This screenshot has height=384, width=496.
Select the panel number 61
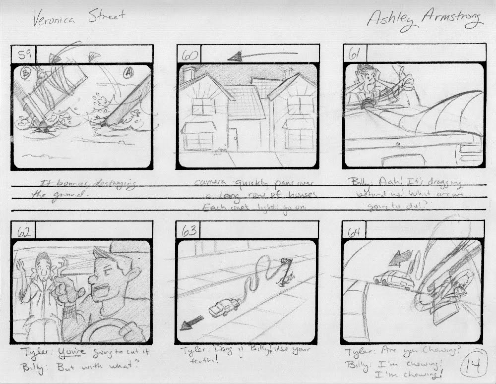click(x=354, y=54)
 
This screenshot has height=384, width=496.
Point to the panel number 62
click(x=23, y=231)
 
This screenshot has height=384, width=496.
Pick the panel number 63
click(x=189, y=230)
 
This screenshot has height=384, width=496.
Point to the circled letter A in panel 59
click(x=129, y=73)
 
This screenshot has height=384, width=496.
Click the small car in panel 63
click(x=224, y=307)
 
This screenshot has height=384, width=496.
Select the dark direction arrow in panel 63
click(x=192, y=323)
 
